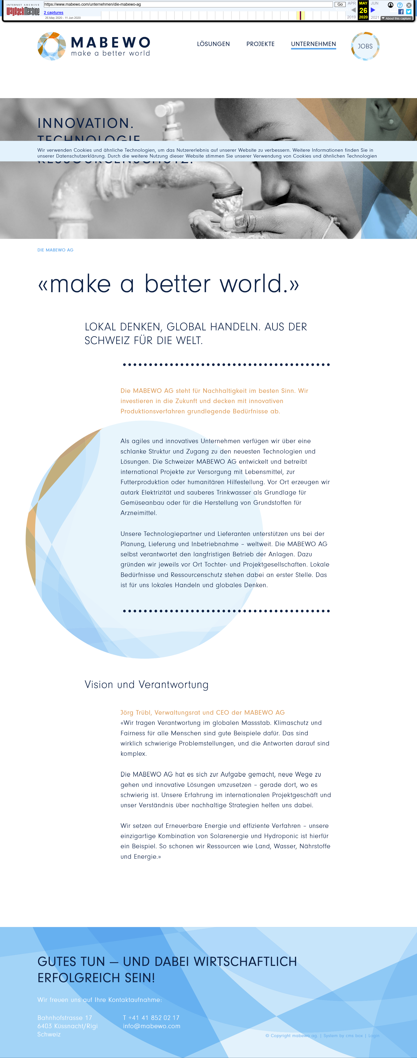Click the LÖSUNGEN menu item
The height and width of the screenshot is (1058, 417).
click(x=213, y=44)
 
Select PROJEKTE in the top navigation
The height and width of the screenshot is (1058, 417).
click(x=260, y=44)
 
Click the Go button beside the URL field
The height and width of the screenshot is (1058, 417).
click(x=340, y=5)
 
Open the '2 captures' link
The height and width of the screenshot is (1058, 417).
click(x=53, y=13)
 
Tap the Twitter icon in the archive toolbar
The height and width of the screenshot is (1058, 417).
click(x=409, y=12)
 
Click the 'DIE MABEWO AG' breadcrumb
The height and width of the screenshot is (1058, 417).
click(x=55, y=250)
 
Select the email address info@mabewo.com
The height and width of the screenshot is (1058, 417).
click(x=152, y=1026)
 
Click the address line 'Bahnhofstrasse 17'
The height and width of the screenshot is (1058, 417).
click(x=65, y=1018)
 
